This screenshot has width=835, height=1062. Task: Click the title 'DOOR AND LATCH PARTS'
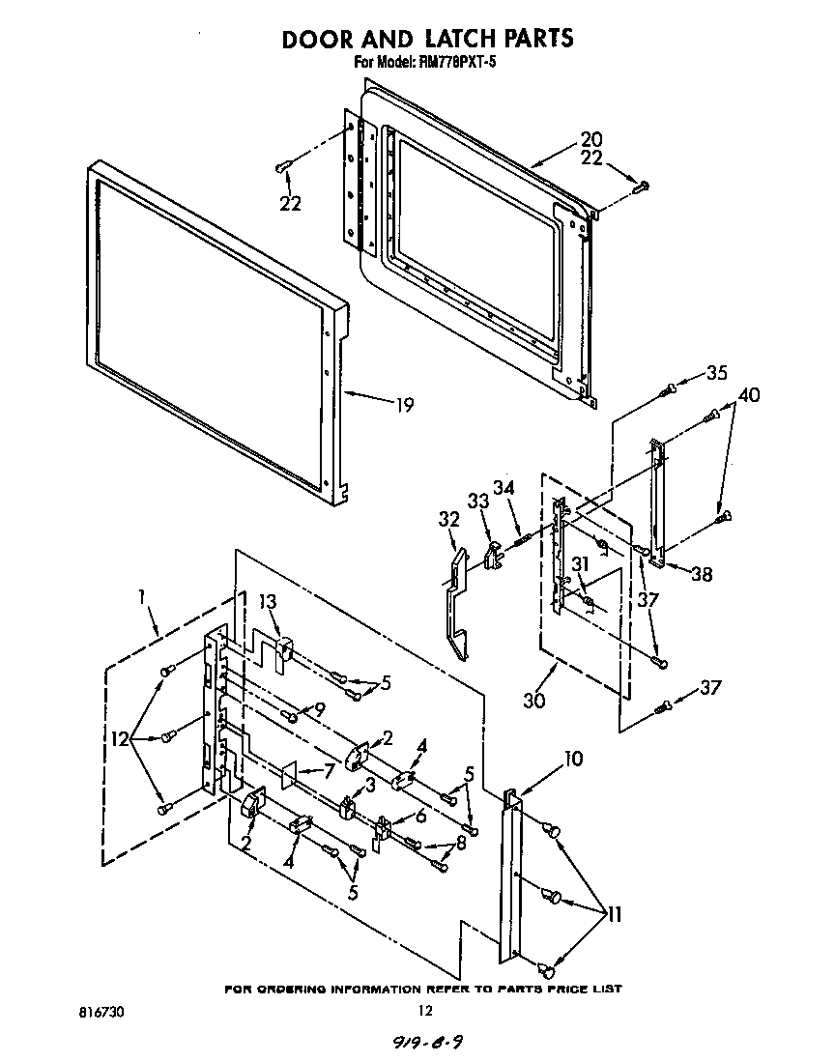pos(427,38)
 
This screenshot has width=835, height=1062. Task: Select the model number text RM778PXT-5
pos(455,63)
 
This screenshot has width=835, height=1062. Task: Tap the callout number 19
pos(403,405)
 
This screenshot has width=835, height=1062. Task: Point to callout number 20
pos(590,138)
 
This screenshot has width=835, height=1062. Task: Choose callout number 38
pos(702,574)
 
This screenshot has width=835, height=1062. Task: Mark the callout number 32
pos(447,518)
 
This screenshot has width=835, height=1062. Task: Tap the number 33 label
pos(477,501)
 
